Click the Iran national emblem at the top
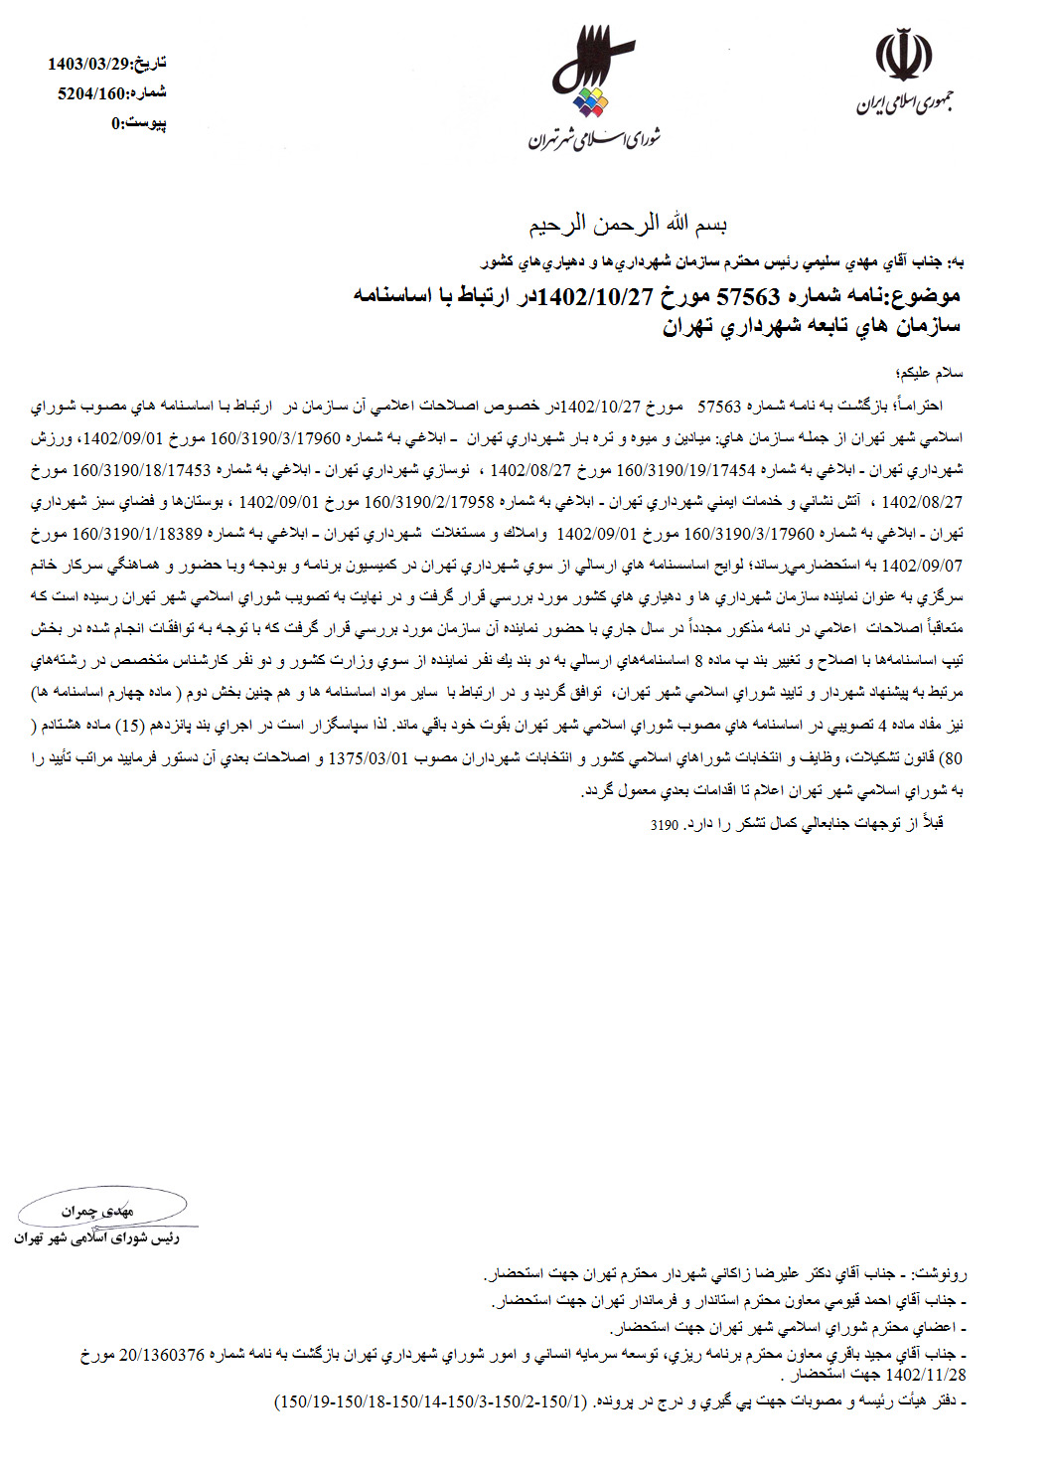(x=903, y=57)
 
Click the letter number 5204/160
(x=92, y=93)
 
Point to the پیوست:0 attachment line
(x=138, y=123)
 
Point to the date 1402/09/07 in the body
(x=922, y=567)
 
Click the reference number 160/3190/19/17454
(x=686, y=470)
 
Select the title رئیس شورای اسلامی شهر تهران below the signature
(x=96, y=1238)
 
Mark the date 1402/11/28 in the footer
(x=923, y=1376)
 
